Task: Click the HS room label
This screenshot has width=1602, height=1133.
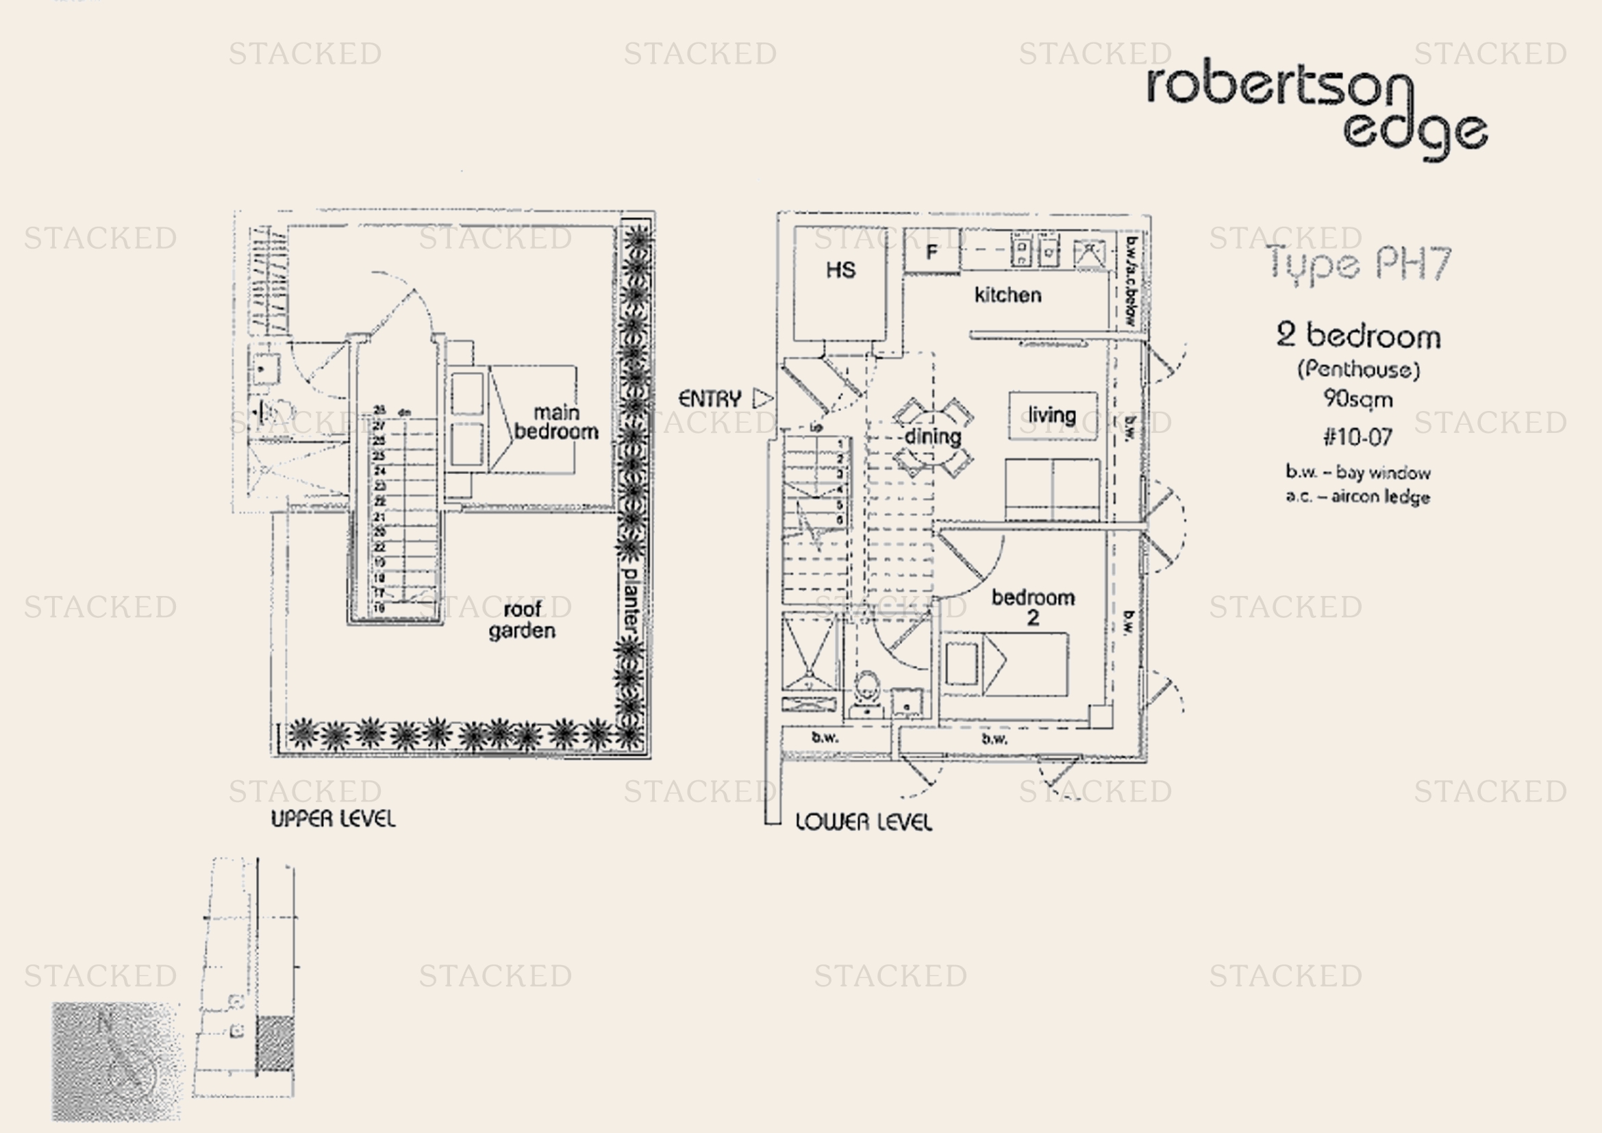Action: coord(840,270)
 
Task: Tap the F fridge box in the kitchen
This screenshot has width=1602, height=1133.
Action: coord(931,251)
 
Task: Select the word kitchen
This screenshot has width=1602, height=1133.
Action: coord(1007,295)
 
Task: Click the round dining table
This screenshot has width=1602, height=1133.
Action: coord(933,437)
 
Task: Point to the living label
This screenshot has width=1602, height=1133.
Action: coord(1051,416)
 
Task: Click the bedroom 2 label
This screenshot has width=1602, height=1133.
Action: coord(1033,606)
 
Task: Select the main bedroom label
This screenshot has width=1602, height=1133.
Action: coord(556,422)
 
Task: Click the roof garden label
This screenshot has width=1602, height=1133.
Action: coord(522,619)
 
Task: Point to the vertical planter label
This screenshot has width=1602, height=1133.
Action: coord(630,599)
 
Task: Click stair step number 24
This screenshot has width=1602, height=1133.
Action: coord(379,471)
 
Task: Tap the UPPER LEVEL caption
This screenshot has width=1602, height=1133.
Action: coord(333,819)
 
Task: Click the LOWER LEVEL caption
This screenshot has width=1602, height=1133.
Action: coord(863,822)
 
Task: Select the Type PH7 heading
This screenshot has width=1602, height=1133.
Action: coord(1357,264)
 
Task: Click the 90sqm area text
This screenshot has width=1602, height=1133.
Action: coord(1357,399)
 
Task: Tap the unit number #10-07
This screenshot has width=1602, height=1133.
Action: coord(1357,438)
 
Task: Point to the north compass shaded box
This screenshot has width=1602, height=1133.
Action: coord(116,1060)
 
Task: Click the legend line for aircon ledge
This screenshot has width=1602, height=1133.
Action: coord(1357,497)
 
